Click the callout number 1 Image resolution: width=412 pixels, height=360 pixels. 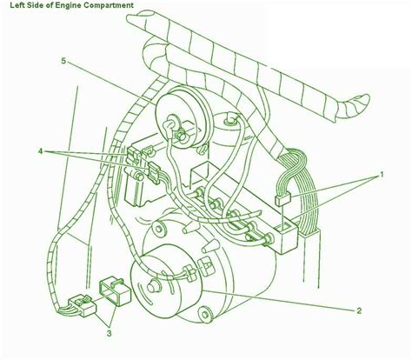(x=382, y=175)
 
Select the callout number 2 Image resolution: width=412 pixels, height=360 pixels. (x=359, y=311)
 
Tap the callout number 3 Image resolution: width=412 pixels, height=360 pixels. (x=109, y=334)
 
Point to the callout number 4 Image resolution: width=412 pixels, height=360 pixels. (x=41, y=151)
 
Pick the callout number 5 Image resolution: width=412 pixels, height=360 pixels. (x=63, y=61)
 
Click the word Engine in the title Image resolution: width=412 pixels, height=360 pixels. (x=64, y=5)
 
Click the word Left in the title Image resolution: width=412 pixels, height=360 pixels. (x=16, y=5)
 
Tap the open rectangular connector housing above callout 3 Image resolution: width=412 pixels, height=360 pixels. (x=116, y=291)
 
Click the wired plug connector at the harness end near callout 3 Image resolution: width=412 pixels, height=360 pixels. (x=82, y=306)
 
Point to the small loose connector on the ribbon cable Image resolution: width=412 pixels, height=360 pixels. (x=282, y=199)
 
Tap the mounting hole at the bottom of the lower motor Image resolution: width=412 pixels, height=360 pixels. (x=205, y=315)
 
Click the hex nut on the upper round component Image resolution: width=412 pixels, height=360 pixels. (x=181, y=135)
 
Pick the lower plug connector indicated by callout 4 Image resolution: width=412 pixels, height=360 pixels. (x=154, y=173)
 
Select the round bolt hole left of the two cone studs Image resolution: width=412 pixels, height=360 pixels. (x=158, y=229)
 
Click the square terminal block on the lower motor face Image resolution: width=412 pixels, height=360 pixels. (x=207, y=267)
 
